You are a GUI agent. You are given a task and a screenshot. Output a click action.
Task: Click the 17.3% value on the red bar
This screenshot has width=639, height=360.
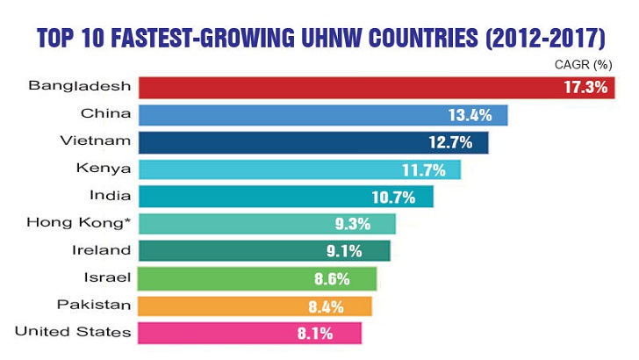pos(585,88)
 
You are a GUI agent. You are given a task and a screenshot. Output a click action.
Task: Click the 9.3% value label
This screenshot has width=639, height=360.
pos(368,225)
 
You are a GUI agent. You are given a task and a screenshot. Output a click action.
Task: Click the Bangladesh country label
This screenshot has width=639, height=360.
pos(80,86)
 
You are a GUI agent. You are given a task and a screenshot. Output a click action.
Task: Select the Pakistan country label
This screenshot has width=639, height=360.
pos(95,305)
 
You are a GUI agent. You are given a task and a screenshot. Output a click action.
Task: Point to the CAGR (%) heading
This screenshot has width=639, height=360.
pos(582,64)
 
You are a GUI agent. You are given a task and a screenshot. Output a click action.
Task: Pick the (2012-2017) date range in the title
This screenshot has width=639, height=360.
pos(548,38)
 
